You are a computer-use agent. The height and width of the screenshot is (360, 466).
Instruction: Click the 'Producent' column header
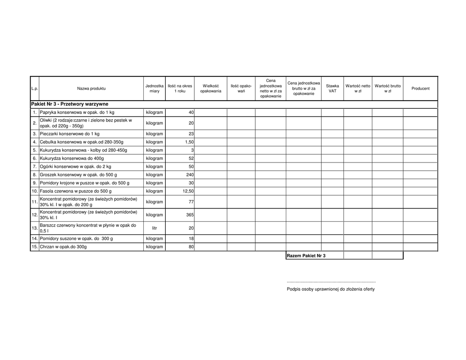(420, 88)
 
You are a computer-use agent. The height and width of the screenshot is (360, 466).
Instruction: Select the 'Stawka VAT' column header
(332, 88)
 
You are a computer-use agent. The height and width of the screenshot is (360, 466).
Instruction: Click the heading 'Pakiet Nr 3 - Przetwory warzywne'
(70, 104)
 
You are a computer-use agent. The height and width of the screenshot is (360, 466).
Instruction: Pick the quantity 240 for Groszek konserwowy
(190, 175)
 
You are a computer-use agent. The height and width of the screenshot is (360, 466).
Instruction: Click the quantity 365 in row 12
(190, 215)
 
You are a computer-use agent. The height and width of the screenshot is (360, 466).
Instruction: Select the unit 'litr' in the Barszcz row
(154, 228)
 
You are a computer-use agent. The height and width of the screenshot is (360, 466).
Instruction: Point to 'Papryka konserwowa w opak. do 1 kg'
(77, 112)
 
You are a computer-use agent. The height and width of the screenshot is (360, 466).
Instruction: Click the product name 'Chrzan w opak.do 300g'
(63, 247)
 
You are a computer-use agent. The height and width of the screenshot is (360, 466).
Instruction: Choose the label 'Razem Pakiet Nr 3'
(306, 256)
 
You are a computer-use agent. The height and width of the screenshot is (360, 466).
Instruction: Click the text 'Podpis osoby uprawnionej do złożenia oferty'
(330, 289)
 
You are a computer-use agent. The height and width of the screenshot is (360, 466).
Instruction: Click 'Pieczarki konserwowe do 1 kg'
(69, 134)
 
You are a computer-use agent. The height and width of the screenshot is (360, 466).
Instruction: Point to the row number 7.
(34, 167)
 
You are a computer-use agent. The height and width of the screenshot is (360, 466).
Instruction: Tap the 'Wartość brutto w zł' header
(387, 88)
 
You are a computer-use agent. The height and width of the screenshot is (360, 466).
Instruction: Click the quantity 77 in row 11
(191, 202)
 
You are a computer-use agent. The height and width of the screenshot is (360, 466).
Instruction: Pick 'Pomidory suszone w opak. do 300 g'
(76, 238)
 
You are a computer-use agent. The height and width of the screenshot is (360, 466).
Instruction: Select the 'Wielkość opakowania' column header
(211, 88)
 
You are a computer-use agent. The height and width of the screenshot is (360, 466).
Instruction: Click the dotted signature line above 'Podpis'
(331, 283)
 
